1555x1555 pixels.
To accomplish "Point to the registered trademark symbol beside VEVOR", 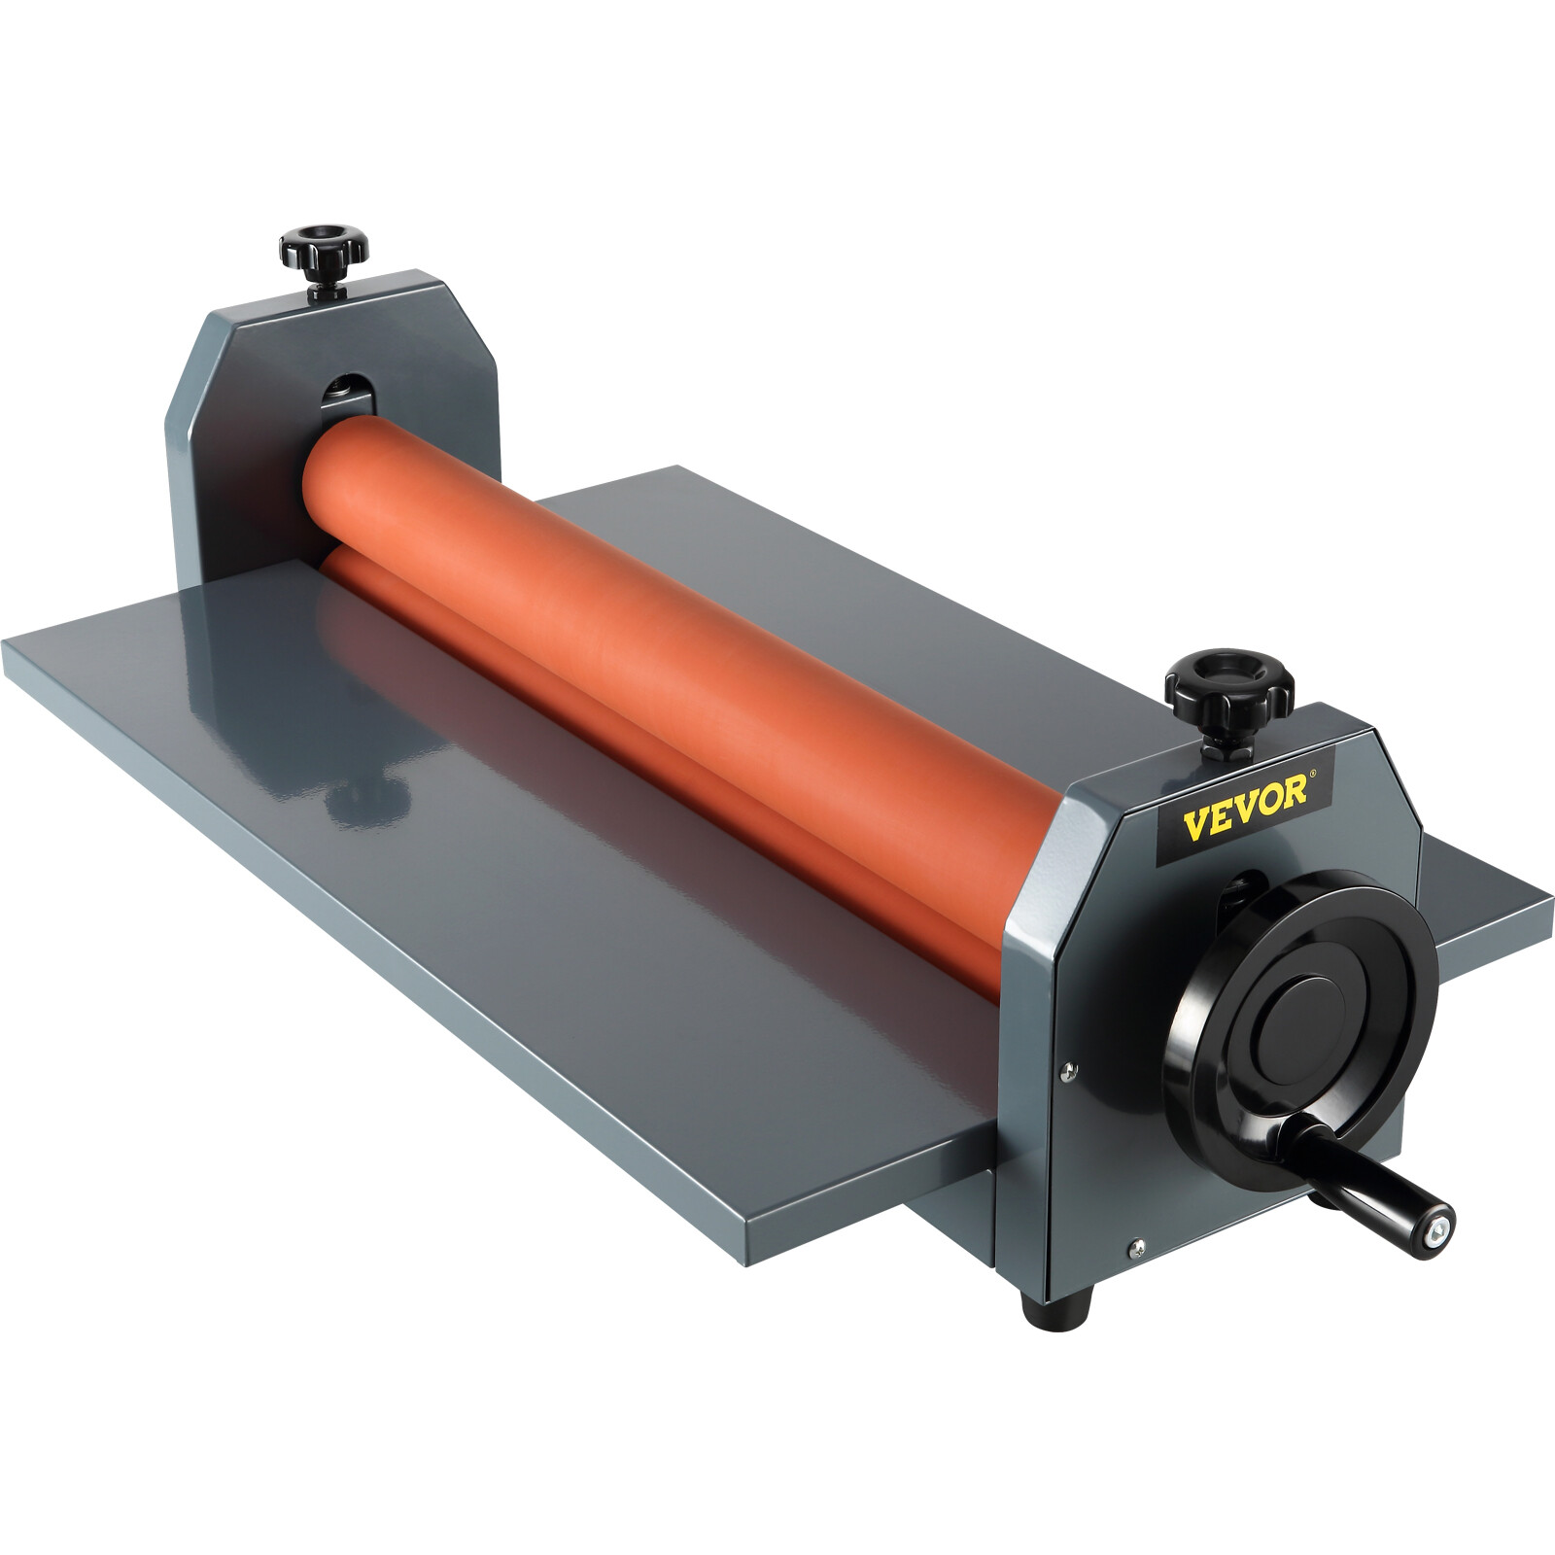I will click(1314, 777).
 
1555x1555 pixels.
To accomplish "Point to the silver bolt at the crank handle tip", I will click(1435, 1237).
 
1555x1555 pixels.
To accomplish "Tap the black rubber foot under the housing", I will click(1057, 1306).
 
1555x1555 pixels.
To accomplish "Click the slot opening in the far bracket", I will click(345, 395).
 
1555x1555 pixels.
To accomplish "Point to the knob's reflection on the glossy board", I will click(364, 797).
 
